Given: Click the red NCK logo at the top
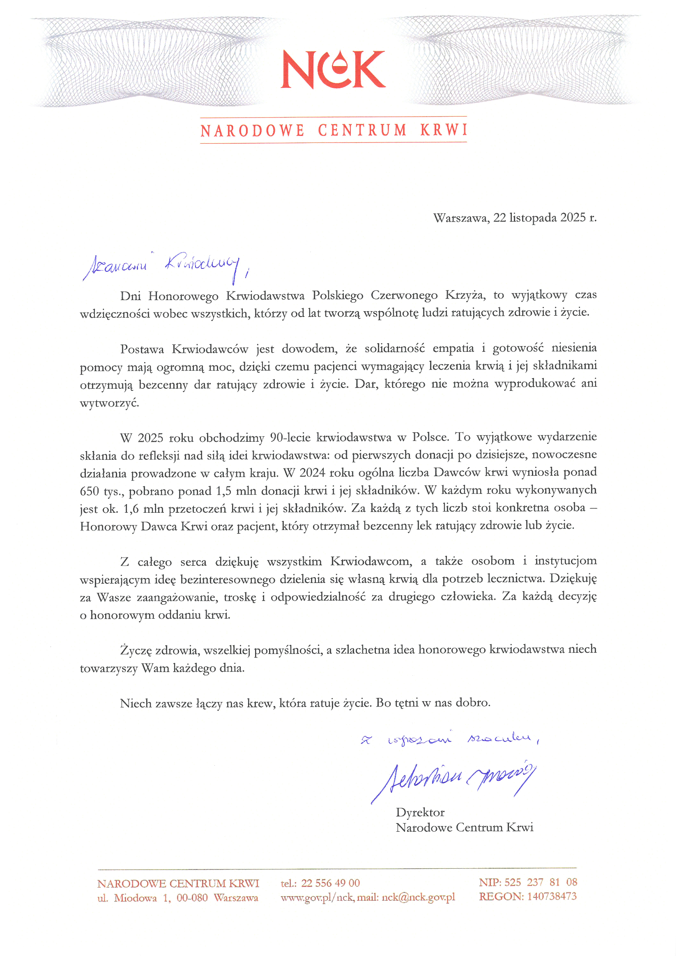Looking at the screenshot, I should (333, 69).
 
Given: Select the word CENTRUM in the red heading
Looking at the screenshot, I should (362, 131).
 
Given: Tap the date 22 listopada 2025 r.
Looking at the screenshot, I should (545, 218).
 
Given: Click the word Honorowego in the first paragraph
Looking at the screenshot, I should (183, 296).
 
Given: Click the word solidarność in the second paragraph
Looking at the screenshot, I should (394, 349).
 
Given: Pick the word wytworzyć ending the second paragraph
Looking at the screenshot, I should (109, 403).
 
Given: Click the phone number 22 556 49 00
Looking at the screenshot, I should (330, 883).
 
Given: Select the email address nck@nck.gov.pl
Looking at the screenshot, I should (418, 897).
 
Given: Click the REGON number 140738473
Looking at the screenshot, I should (552, 897).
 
